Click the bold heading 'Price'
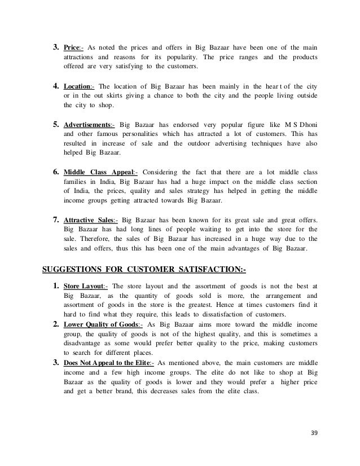click(x=71, y=46)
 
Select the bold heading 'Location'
click(x=78, y=86)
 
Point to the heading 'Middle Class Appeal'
click(x=98, y=172)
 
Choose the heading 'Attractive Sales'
click(x=89, y=219)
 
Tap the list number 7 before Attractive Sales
click(x=56, y=219)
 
